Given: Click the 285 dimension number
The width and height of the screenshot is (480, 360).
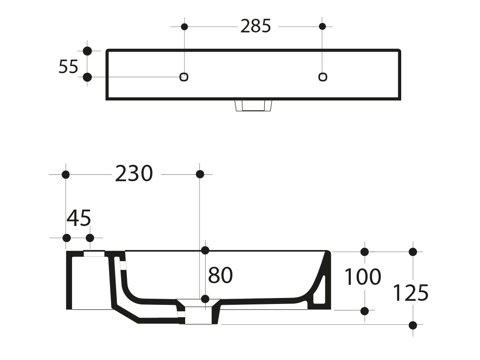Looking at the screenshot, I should tap(256, 26).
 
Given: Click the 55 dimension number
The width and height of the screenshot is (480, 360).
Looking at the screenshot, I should tap(68, 66).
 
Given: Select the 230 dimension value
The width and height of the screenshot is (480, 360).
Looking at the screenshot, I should tap(134, 174).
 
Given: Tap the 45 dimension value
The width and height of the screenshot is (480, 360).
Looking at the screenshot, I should tap(79, 218).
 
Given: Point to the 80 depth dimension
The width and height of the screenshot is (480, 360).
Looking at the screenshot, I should tap(220, 276).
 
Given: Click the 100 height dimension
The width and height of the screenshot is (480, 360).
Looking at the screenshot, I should tap(362, 277).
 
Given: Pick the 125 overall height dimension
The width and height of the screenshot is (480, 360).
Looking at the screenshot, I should tap(410, 293).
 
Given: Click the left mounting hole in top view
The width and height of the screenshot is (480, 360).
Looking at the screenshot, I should tap(184, 77).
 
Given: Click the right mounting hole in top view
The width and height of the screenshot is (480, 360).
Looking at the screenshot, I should tap(322, 76).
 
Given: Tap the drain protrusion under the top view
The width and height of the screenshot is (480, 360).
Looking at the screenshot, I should tap(253, 106).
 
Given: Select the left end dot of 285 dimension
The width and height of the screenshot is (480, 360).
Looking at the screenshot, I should tap(184, 27).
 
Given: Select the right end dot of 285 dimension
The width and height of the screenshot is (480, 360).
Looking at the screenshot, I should tap(322, 27).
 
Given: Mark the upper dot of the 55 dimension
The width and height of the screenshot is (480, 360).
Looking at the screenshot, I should tap(87, 51).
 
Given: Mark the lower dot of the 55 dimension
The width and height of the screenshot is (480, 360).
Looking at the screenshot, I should tap(87, 77).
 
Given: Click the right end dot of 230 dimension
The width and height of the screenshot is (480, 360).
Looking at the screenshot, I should tap(200, 174).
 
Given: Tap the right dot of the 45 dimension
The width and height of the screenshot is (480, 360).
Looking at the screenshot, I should tap(90, 238).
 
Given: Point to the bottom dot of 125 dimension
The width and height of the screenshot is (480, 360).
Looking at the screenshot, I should tap(413, 325).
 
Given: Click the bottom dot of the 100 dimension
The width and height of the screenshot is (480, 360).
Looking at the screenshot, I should tap(364, 310).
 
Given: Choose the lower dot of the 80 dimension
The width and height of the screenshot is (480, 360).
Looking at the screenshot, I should tap(205, 299).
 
